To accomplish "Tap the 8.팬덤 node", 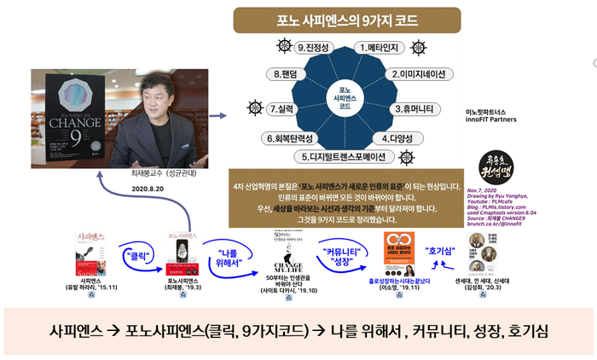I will click(287, 75).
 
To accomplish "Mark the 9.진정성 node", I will click(314, 49).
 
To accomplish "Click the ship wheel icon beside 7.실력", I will click(252, 108).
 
